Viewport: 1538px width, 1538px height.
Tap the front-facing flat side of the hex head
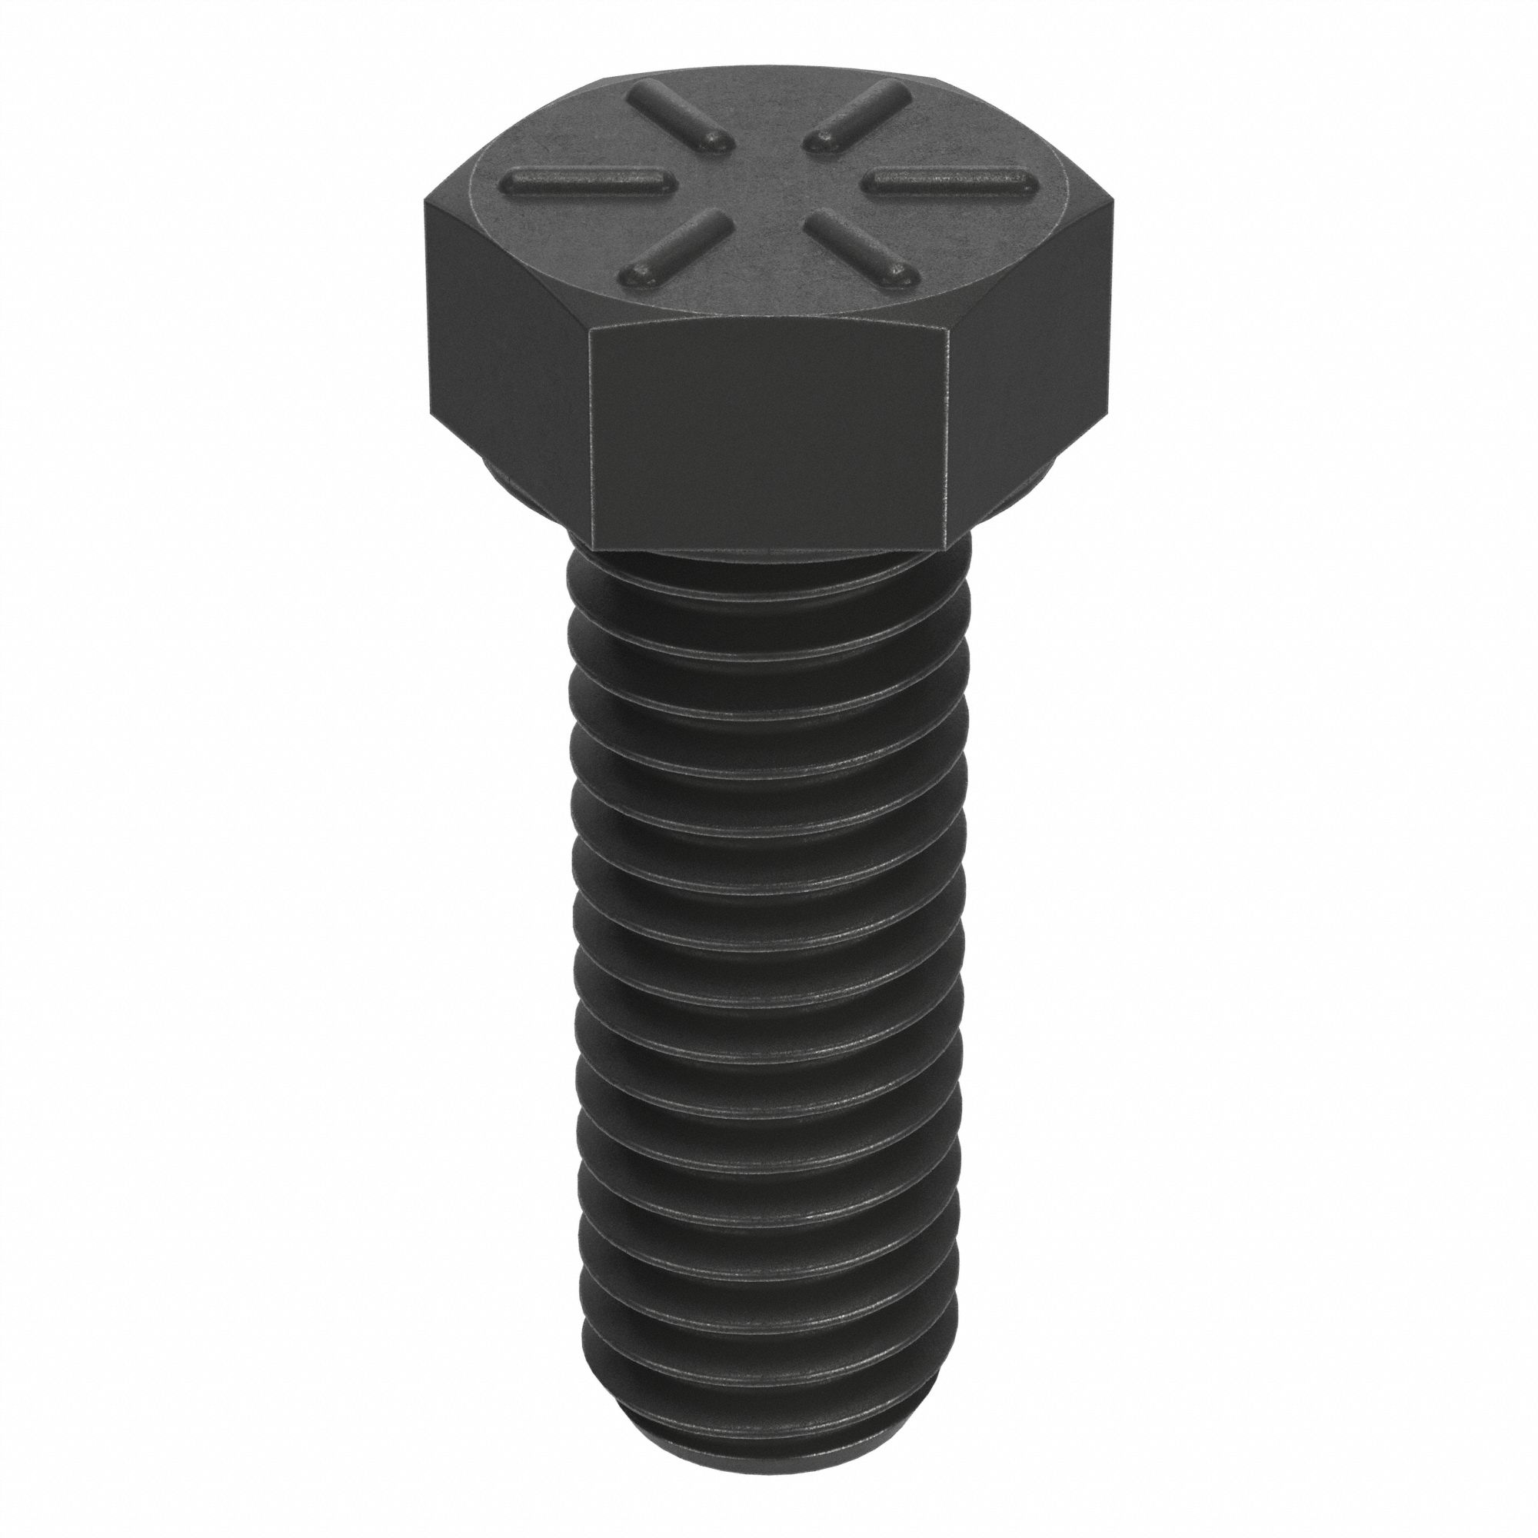pyautogui.click(x=768, y=438)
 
